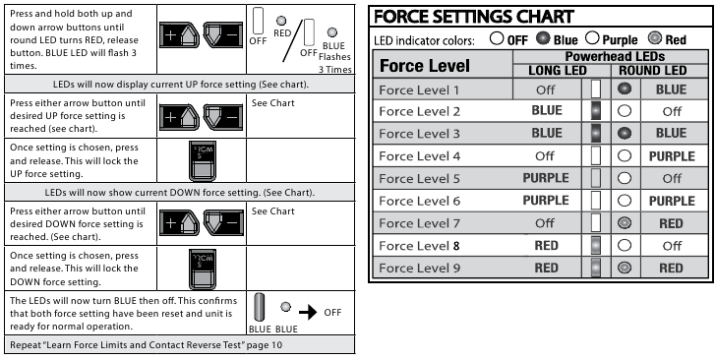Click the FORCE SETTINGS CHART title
pyautogui.click(x=473, y=17)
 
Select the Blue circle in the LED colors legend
pyautogui.click(x=543, y=38)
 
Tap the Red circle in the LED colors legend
pyautogui.click(x=654, y=38)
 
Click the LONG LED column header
pyautogui.click(x=557, y=71)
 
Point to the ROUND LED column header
pyautogui.click(x=652, y=71)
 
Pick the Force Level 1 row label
pyautogui.click(x=419, y=90)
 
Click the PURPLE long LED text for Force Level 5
pyautogui.click(x=546, y=178)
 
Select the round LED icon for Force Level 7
pyautogui.click(x=625, y=223)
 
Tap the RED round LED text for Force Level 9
pyautogui.click(x=671, y=269)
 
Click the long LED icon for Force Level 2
pyautogui.click(x=595, y=111)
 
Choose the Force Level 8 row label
pyautogui.click(x=419, y=246)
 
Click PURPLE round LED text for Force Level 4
pyautogui.click(x=672, y=156)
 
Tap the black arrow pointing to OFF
pyautogui.click(x=308, y=313)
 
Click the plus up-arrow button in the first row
pyautogui.click(x=179, y=34)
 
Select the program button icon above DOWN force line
pyautogui.click(x=203, y=161)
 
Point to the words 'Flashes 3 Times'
pyautogui.click(x=335, y=63)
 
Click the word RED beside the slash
pyautogui.click(x=282, y=33)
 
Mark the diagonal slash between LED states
pyautogui.click(x=292, y=40)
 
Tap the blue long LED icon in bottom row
pyautogui.click(x=259, y=308)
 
